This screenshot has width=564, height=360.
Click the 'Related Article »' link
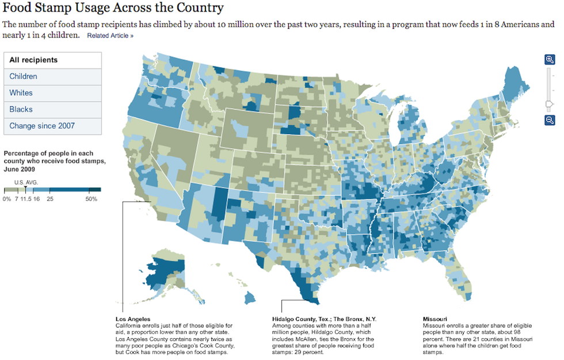coord(110,36)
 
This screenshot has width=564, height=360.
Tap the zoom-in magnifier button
coord(550,60)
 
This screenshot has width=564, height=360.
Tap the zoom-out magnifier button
coord(550,120)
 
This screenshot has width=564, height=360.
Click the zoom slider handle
coord(550,104)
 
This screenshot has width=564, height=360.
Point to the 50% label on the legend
coord(91,199)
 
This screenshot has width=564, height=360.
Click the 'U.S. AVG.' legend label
coord(26,182)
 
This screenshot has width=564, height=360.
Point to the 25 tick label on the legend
coord(51,199)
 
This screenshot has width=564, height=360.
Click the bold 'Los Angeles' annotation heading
coord(133,319)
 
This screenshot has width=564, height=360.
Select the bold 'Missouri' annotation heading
coord(435,319)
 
